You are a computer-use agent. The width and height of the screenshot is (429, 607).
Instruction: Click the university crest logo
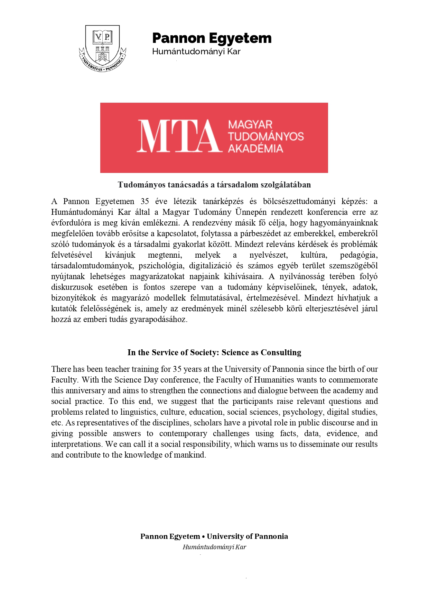102,48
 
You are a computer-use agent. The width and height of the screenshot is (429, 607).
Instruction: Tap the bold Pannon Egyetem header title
212,38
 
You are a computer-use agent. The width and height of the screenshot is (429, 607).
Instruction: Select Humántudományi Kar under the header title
196,52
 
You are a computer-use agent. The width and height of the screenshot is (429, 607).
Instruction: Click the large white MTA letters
178,136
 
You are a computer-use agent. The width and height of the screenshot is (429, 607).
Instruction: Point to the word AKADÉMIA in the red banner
255,148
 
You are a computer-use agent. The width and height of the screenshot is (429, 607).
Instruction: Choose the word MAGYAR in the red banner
250,125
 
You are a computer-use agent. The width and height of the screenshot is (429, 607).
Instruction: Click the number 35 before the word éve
145,201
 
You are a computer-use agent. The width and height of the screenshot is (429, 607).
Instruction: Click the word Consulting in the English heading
281,352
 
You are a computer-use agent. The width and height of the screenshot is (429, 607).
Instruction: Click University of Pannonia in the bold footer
247,536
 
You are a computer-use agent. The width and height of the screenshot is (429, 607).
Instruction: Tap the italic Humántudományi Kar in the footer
214,547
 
